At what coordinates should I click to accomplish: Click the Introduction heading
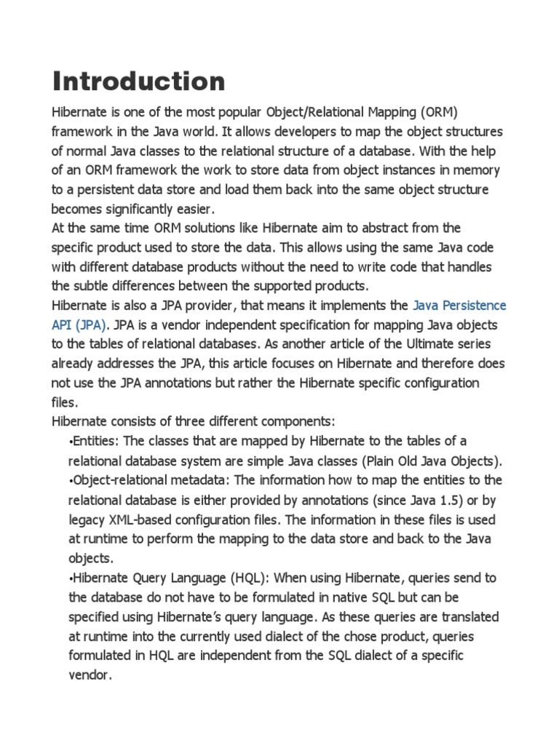[x=138, y=81]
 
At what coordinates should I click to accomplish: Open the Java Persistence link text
[x=459, y=305]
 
